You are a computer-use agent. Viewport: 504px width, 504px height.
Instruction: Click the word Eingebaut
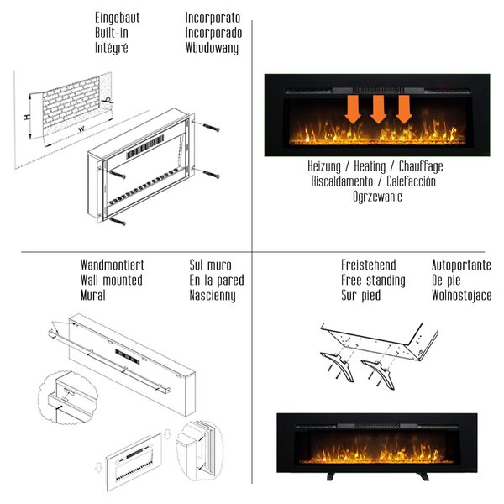point(118,18)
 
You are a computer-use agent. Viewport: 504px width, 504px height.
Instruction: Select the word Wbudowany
point(213,48)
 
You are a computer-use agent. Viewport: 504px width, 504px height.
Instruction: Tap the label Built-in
point(112,33)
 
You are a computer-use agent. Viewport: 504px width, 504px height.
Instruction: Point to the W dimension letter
point(82,129)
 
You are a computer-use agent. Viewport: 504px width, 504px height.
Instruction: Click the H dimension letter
point(28,117)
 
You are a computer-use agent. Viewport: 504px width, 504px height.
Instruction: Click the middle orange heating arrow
point(378,109)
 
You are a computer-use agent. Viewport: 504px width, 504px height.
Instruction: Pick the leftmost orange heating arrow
point(353,109)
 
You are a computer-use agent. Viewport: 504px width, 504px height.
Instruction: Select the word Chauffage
point(421,166)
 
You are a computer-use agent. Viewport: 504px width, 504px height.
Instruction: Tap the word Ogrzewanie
point(377,197)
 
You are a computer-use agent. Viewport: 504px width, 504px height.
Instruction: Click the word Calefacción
point(411,181)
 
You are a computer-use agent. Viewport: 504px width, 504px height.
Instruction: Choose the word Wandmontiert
point(113,265)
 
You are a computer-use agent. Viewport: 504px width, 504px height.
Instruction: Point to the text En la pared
point(217,281)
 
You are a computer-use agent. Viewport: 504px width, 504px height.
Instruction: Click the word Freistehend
point(369,265)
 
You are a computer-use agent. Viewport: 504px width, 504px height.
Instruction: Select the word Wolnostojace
point(461,296)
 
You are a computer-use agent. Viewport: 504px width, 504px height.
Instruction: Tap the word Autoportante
point(461,265)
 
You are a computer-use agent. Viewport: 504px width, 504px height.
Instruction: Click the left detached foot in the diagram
point(338,365)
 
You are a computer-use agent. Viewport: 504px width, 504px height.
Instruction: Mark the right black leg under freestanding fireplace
point(422,476)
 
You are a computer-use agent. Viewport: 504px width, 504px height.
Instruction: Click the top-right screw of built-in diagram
point(211,128)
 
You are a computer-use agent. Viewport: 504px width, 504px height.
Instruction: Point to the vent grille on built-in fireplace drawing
point(145,146)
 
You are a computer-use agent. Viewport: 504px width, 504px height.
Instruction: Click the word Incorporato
point(213,18)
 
